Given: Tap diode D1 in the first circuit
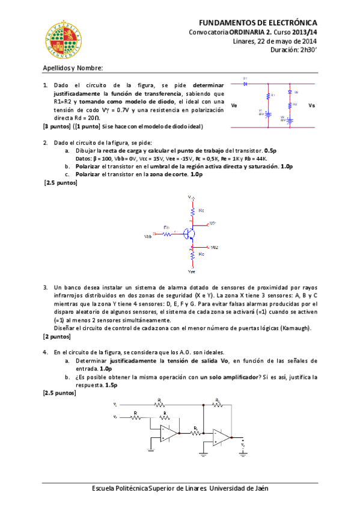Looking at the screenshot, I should coord(246,84).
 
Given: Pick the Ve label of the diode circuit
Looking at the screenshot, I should coord(234,105).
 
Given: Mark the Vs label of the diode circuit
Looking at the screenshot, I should coord(311,105).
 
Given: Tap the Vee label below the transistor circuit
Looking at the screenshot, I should coord(192,271).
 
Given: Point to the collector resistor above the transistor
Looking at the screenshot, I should coord(192,211).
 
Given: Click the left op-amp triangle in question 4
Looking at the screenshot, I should coord(168,432).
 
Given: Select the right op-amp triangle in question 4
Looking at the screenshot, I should coord(223,437).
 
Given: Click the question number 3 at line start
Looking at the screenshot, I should coord(45,288).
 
